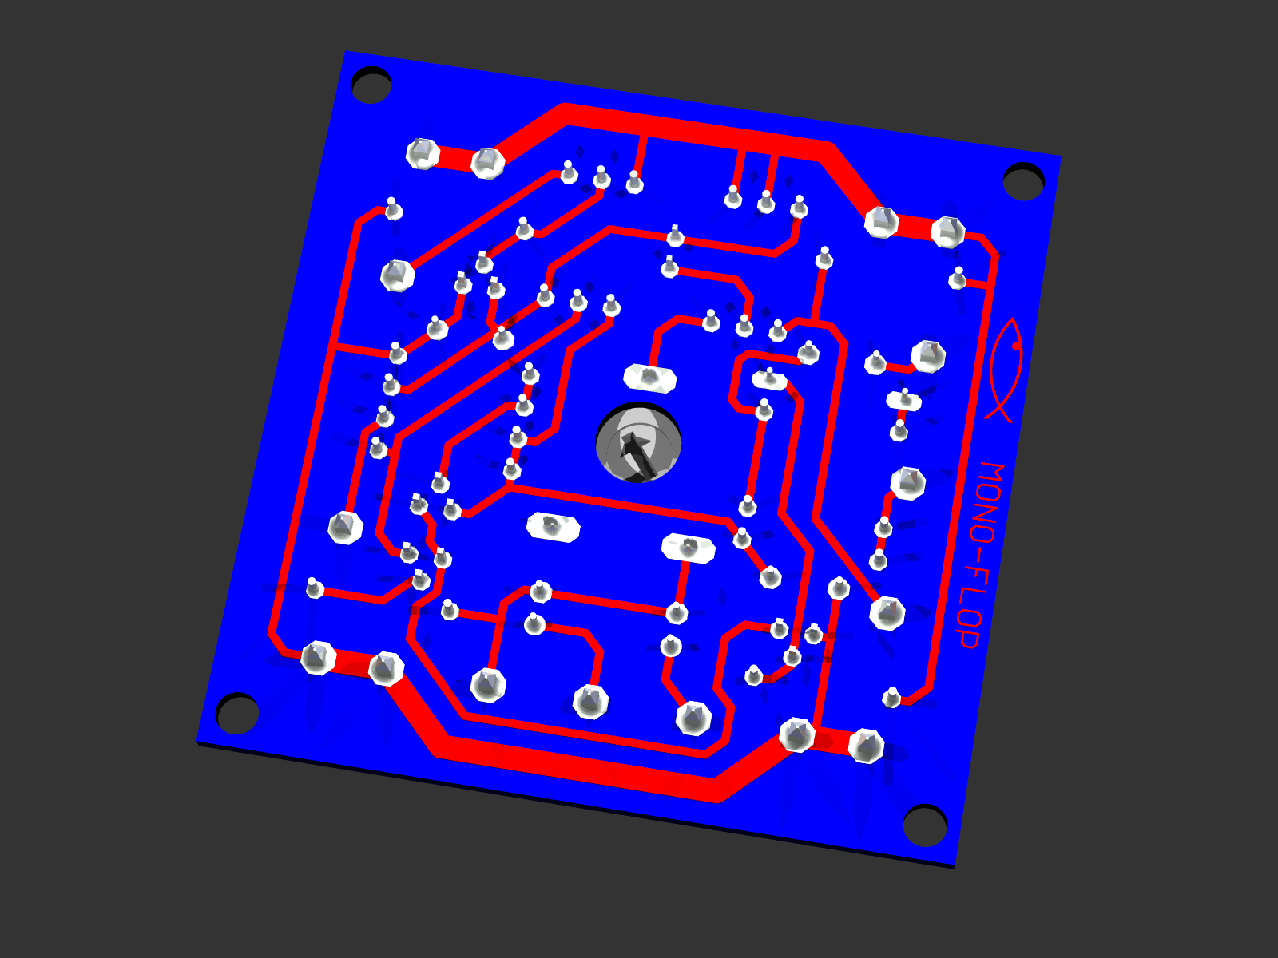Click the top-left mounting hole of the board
pyautogui.click(x=371, y=85)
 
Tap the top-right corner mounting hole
pyautogui.click(x=1023, y=182)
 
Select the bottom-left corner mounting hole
pyautogui.click(x=237, y=713)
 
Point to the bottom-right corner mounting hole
pyautogui.click(x=925, y=825)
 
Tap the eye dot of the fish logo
pyautogui.click(x=1015, y=346)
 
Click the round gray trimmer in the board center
pyautogui.click(x=638, y=442)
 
